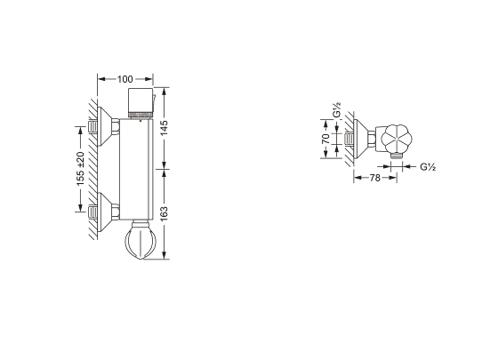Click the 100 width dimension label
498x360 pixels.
pos(125,79)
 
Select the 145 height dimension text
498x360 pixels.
pos(164,128)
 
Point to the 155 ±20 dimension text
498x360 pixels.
pos(80,169)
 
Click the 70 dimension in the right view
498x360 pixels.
pos(326,139)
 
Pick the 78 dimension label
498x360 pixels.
pos(375,178)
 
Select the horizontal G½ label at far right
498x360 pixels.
pos(428,167)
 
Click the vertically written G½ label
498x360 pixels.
pos(337,110)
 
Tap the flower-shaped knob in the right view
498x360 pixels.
pos(397,139)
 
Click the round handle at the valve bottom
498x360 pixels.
pos(141,239)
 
